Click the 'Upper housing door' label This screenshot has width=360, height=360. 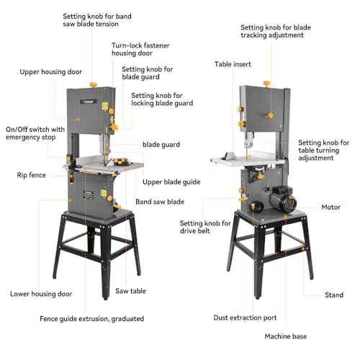(x=51, y=72)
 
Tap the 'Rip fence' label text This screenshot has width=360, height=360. (x=32, y=175)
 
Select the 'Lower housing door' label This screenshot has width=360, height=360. (x=41, y=294)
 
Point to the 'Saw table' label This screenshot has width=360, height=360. (x=131, y=292)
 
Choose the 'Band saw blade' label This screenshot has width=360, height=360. (x=160, y=201)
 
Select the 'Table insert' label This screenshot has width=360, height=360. (x=233, y=64)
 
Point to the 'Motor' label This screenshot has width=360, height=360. (x=330, y=207)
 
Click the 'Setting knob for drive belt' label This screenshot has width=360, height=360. (x=204, y=228)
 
